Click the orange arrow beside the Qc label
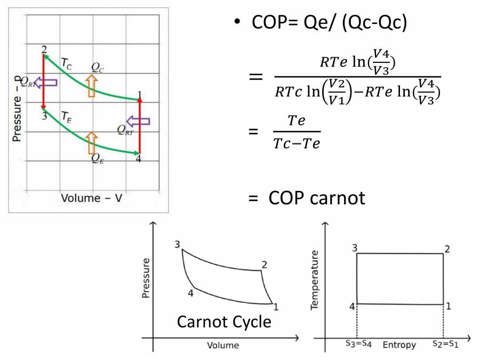pos(92,85)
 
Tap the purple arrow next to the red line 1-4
pos(138,121)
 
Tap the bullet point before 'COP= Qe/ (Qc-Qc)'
pos(236,23)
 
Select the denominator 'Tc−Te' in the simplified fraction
pos(297,143)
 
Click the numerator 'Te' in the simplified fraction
pos(297,121)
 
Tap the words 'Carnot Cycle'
pos(223,322)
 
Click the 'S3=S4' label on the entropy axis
pos(357,345)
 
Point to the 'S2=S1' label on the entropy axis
pos(444,345)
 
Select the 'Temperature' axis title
pos(315,280)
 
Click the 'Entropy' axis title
pos(399,345)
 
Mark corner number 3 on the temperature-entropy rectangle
pos(354,248)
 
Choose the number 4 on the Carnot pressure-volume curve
pos(190,292)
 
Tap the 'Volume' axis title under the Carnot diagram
pos(223,345)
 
